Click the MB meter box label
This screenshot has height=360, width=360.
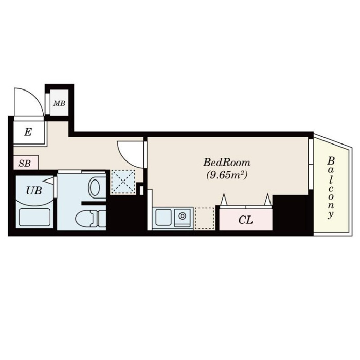pyautogui.click(x=59, y=103)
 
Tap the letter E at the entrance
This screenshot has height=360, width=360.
pyautogui.click(x=28, y=132)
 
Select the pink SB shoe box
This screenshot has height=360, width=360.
pyautogui.click(x=26, y=163)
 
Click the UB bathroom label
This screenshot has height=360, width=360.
pyautogui.click(x=34, y=190)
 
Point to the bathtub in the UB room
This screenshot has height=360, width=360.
pyautogui.click(x=34, y=217)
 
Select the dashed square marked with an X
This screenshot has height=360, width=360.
pyautogui.click(x=123, y=182)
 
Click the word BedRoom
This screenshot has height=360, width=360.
pyautogui.click(x=227, y=163)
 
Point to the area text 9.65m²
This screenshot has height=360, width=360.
pyautogui.click(x=227, y=175)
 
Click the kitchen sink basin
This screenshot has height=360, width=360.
pyautogui.click(x=164, y=217)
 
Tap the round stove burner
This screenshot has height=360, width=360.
pyautogui.click(x=183, y=216)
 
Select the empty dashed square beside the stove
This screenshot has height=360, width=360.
pyautogui.click(x=204, y=219)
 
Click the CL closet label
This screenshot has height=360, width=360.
pyautogui.click(x=246, y=220)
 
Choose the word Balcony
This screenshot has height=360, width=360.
pyautogui.click(x=331, y=188)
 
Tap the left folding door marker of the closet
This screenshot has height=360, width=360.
pyautogui.click(x=224, y=200)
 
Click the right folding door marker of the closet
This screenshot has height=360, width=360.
pyautogui.click(x=267, y=200)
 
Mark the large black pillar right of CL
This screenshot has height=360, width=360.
pyautogui.click(x=290, y=212)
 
